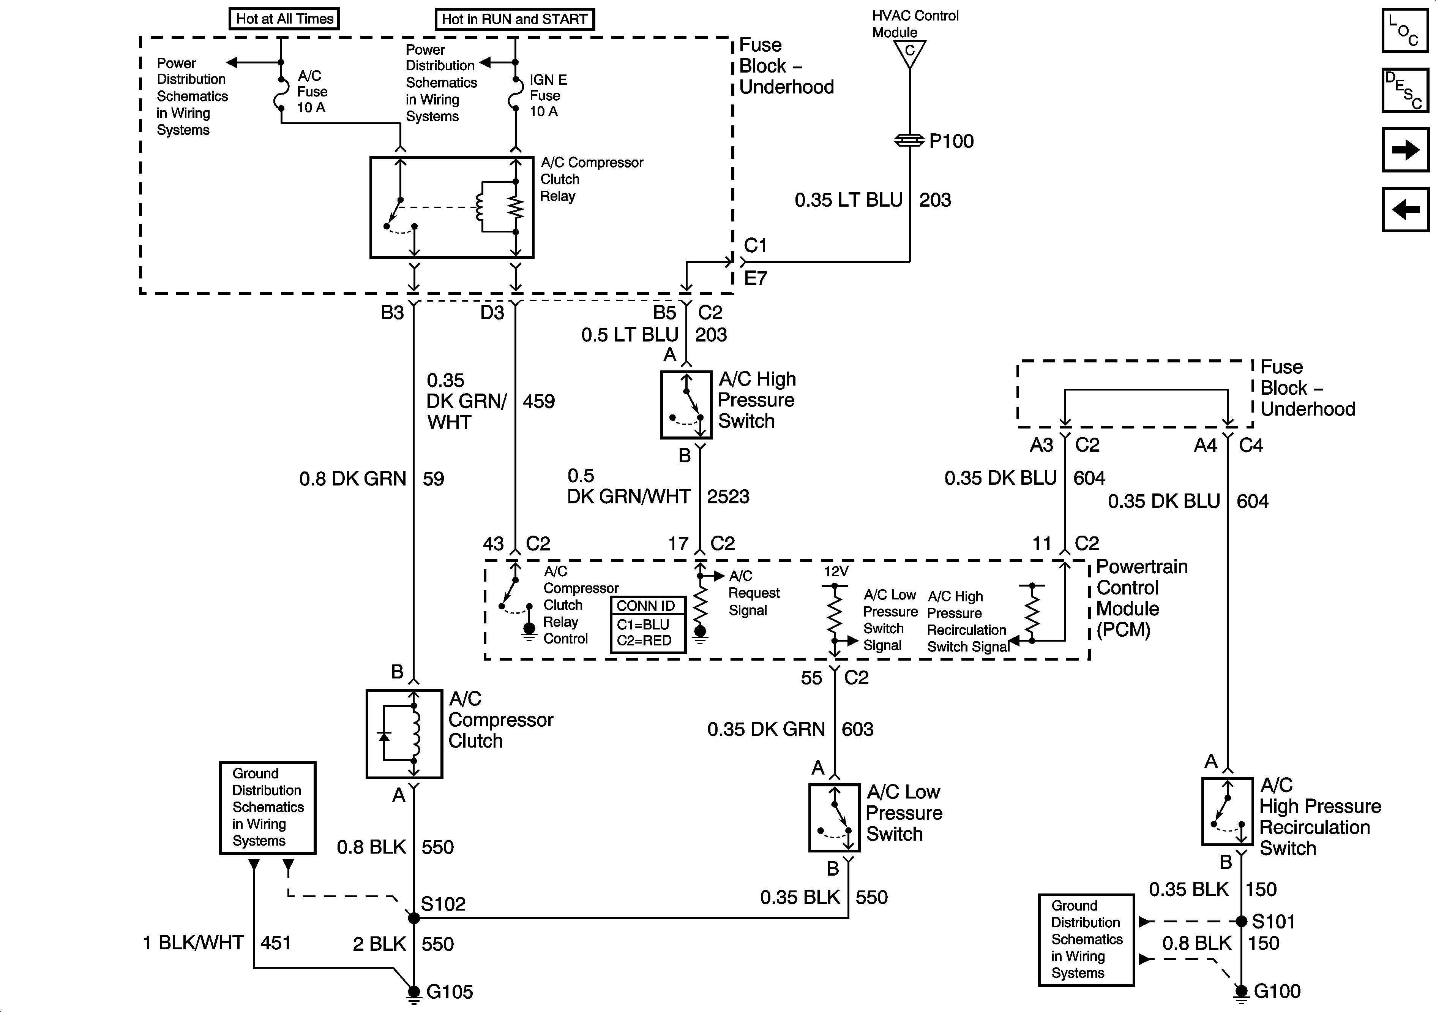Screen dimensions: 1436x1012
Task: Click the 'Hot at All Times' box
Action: [284, 19]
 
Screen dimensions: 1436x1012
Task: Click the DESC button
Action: [1405, 90]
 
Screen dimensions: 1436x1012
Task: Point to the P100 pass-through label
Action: [951, 141]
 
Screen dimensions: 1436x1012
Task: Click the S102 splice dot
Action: [413, 918]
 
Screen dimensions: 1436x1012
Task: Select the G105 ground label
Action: [450, 991]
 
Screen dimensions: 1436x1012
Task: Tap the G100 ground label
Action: [1277, 991]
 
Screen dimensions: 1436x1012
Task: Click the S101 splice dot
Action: [1242, 921]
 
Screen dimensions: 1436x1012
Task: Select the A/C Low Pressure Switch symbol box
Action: [834, 818]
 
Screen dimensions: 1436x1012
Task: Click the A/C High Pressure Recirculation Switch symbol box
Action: [1227, 811]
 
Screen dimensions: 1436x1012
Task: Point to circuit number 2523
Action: [728, 497]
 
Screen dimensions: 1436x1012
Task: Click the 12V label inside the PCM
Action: [836, 571]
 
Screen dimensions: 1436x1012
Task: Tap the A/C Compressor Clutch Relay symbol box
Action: [451, 207]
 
